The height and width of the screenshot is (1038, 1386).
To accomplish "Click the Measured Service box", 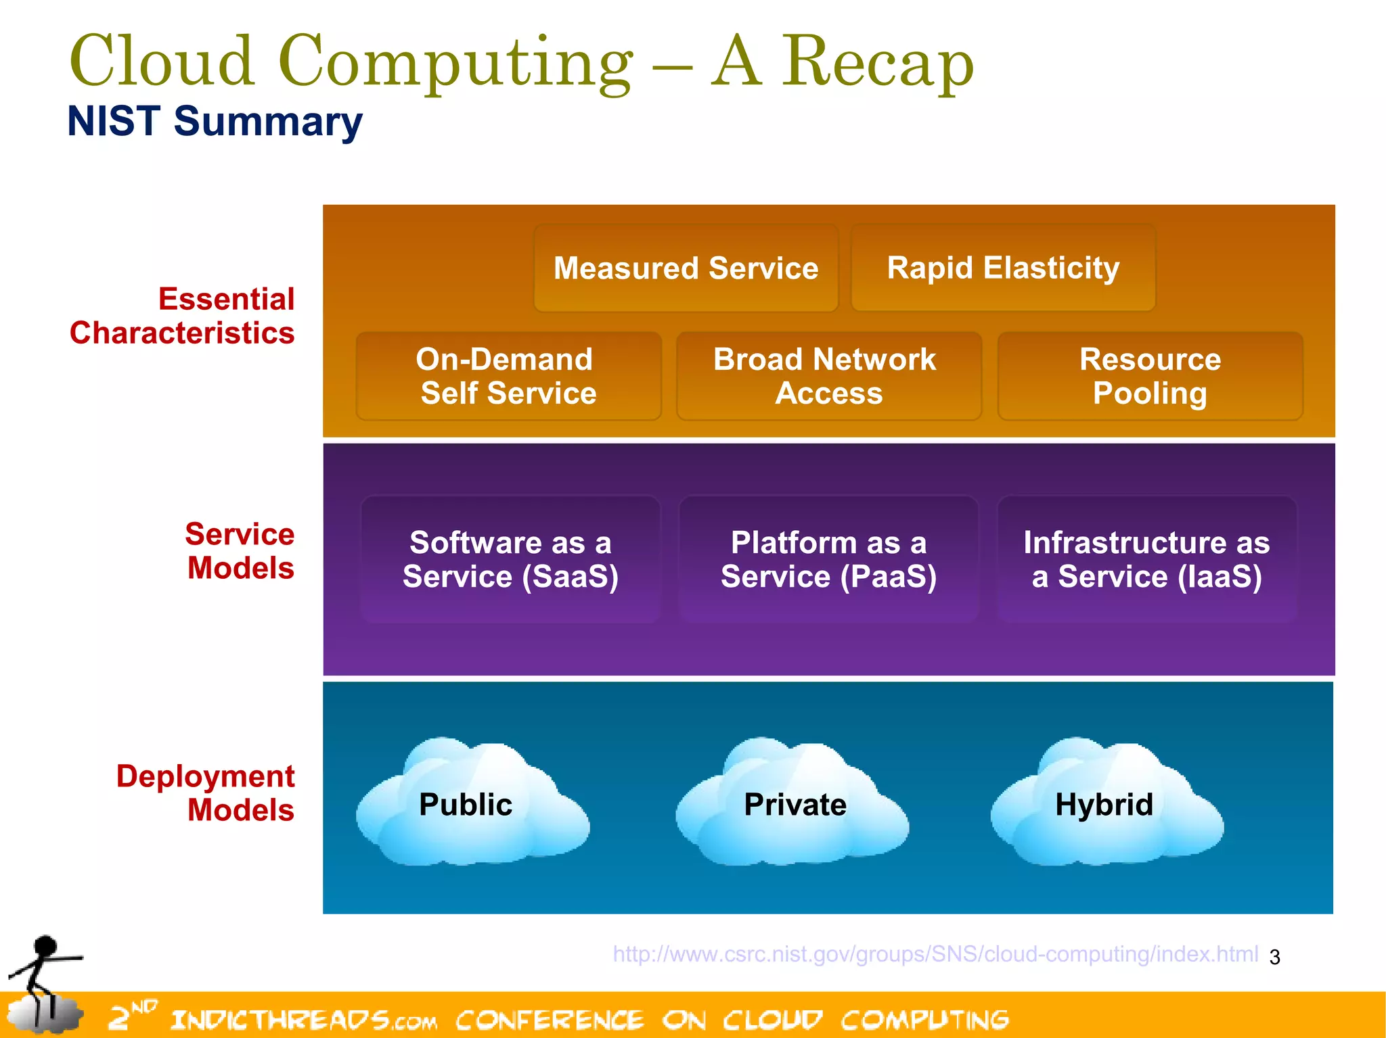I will click(x=686, y=268).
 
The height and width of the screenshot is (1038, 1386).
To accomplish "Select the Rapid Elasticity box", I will click(x=1003, y=268).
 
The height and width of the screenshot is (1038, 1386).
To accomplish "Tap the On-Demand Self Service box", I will click(x=508, y=376).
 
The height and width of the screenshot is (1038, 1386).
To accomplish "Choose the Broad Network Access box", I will click(x=828, y=376).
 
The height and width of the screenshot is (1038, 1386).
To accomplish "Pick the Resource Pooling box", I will click(x=1150, y=376).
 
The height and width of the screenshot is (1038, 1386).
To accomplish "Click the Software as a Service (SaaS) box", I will click(x=510, y=559).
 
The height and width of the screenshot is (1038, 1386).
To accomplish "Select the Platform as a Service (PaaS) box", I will click(x=828, y=559).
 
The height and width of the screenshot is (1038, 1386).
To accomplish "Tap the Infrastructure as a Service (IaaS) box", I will click(x=1146, y=559).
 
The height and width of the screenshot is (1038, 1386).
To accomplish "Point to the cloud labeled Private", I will click(x=793, y=805).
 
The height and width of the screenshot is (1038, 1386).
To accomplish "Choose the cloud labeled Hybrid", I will click(x=1106, y=805).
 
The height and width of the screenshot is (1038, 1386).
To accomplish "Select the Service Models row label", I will click(x=240, y=551).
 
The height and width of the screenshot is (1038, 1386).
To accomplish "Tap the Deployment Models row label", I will click(x=206, y=793).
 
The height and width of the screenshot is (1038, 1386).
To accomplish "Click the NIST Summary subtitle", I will click(x=215, y=122).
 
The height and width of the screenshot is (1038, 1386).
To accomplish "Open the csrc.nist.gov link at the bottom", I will click(x=935, y=954).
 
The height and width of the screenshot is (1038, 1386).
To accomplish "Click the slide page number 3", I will click(x=1275, y=958).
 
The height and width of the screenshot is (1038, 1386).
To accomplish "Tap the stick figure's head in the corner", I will click(x=45, y=947).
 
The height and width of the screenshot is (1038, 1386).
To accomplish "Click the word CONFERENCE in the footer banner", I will click(x=550, y=1020).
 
